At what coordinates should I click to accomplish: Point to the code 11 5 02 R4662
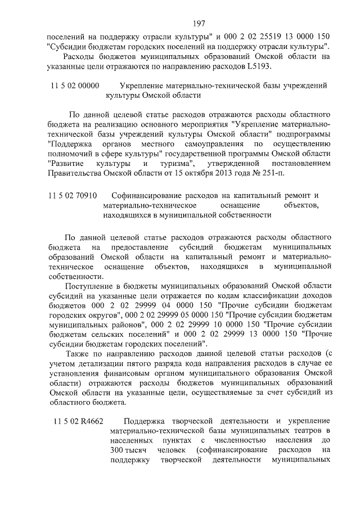[79, 421]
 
